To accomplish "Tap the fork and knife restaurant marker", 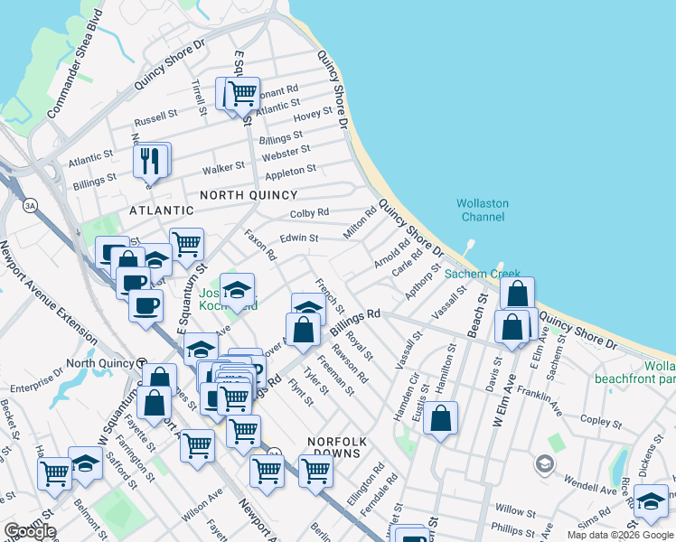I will coord(151,161).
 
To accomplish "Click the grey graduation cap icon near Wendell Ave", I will coord(544,464).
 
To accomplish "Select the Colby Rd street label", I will coord(310,213).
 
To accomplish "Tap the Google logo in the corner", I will coord(30,531).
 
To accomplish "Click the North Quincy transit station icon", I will coord(142,363).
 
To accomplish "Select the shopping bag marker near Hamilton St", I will coord(440,418).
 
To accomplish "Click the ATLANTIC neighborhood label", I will coord(162,210).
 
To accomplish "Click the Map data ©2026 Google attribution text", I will coord(619,534).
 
